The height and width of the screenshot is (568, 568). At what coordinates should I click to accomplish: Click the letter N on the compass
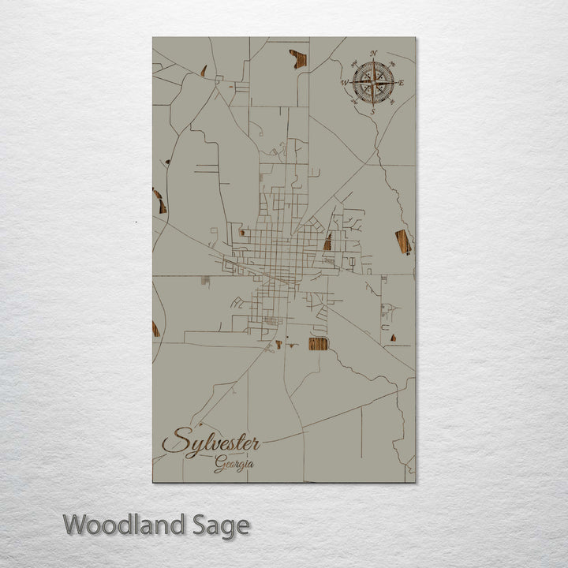click(x=373, y=54)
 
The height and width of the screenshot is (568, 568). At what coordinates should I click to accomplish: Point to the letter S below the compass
click(x=372, y=111)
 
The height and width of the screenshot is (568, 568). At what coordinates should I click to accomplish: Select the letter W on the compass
click(x=345, y=82)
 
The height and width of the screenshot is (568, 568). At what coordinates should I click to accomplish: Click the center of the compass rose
click(x=373, y=82)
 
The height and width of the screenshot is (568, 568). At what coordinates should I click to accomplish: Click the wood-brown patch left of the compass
click(x=298, y=58)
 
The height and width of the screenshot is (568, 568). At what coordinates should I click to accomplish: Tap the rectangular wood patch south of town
click(x=318, y=343)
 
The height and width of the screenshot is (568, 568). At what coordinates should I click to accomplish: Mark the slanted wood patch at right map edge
click(x=403, y=241)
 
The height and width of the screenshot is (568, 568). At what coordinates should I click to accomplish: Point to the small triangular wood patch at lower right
click(x=393, y=338)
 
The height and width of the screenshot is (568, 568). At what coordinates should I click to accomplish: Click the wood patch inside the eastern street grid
click(x=327, y=241)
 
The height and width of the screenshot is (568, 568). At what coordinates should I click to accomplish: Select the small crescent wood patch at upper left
click(x=204, y=71)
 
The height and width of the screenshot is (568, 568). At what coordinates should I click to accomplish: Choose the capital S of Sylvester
click(x=178, y=440)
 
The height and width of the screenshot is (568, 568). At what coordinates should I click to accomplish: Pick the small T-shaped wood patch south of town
click(x=278, y=344)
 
